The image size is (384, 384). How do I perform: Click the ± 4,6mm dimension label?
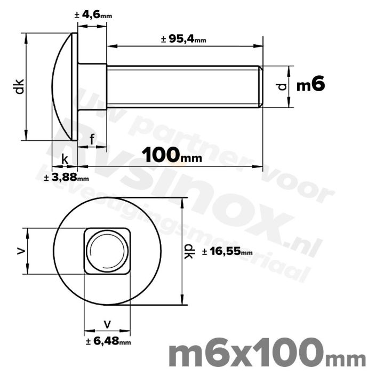(x=93, y=15)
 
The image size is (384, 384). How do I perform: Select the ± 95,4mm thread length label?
(x=183, y=39)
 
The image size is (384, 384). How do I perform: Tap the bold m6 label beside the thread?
(x=310, y=85)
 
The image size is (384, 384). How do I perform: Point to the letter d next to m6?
(x=283, y=86)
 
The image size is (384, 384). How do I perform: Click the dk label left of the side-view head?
(x=19, y=86)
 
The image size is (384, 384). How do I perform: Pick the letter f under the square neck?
(x=92, y=139)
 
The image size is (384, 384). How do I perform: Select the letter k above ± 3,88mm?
(x=65, y=159)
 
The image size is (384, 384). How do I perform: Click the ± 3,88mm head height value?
(x=66, y=177)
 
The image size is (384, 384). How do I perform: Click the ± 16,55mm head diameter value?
(x=227, y=252)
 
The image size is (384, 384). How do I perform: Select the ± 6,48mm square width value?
(x=108, y=341)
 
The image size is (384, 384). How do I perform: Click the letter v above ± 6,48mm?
(x=108, y=323)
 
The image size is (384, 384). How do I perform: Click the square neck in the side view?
(x=92, y=86)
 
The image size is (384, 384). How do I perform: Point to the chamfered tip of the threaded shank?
(x=261, y=86)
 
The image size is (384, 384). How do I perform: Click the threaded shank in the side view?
(x=181, y=86)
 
